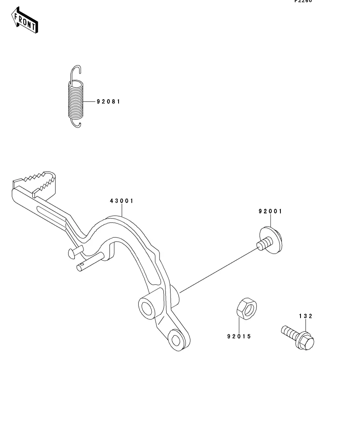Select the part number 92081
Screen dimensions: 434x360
click(x=108, y=102)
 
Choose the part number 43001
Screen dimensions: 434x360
click(x=122, y=201)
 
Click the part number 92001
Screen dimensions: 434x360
click(x=270, y=211)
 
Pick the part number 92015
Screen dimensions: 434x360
click(x=239, y=336)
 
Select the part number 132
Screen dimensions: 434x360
click(x=305, y=316)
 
